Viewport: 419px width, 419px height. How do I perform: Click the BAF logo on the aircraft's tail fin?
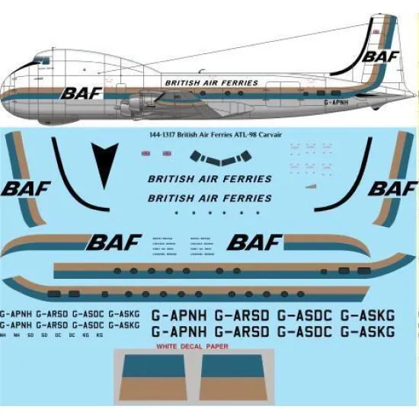379,55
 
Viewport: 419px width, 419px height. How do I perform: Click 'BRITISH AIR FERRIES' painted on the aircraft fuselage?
212,82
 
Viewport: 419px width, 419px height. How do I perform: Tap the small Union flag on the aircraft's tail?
376,32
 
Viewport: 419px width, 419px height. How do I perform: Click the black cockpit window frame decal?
220,158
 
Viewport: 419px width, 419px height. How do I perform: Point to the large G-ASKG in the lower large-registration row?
367,331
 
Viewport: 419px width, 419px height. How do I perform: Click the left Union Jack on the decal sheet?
146,153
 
